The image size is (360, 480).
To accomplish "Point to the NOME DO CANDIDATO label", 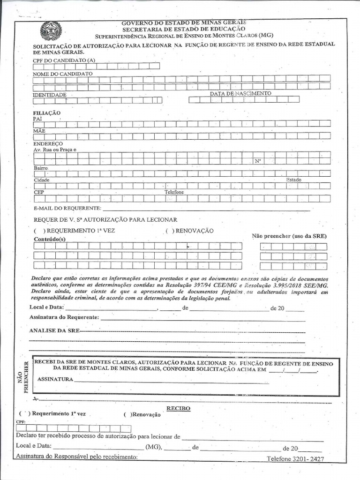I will (63, 74).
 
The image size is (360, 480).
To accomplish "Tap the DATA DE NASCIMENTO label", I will (240, 94).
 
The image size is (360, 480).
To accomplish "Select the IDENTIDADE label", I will (49, 95).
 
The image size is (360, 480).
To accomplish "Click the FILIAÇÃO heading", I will (46, 113).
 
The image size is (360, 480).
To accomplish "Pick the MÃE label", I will (39, 131).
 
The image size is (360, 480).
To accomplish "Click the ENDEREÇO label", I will (48, 143).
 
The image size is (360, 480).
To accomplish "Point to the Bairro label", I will (41, 168).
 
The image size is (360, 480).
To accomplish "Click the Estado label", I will (294, 180).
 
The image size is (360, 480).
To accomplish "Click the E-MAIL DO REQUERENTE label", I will (67, 208).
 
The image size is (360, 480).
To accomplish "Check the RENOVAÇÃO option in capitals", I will (169, 231).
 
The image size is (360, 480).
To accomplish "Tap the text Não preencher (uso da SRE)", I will (289, 236).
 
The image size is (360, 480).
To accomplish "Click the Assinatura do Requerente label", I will (64, 317).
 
